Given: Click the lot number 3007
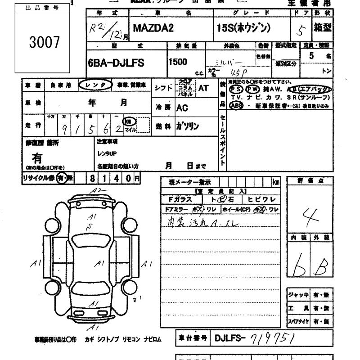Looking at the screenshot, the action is pyautogui.click(x=44, y=42).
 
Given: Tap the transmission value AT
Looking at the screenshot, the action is pyautogui.click(x=203, y=88).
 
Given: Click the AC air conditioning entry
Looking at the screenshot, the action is pyautogui.click(x=182, y=108).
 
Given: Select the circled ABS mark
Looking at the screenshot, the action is pyautogui.click(x=235, y=106).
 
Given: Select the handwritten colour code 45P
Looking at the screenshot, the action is pyautogui.click(x=236, y=72).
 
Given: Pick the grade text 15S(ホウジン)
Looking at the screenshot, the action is pyautogui.click(x=243, y=28).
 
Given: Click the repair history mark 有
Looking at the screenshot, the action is pyautogui.click(x=37, y=157).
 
